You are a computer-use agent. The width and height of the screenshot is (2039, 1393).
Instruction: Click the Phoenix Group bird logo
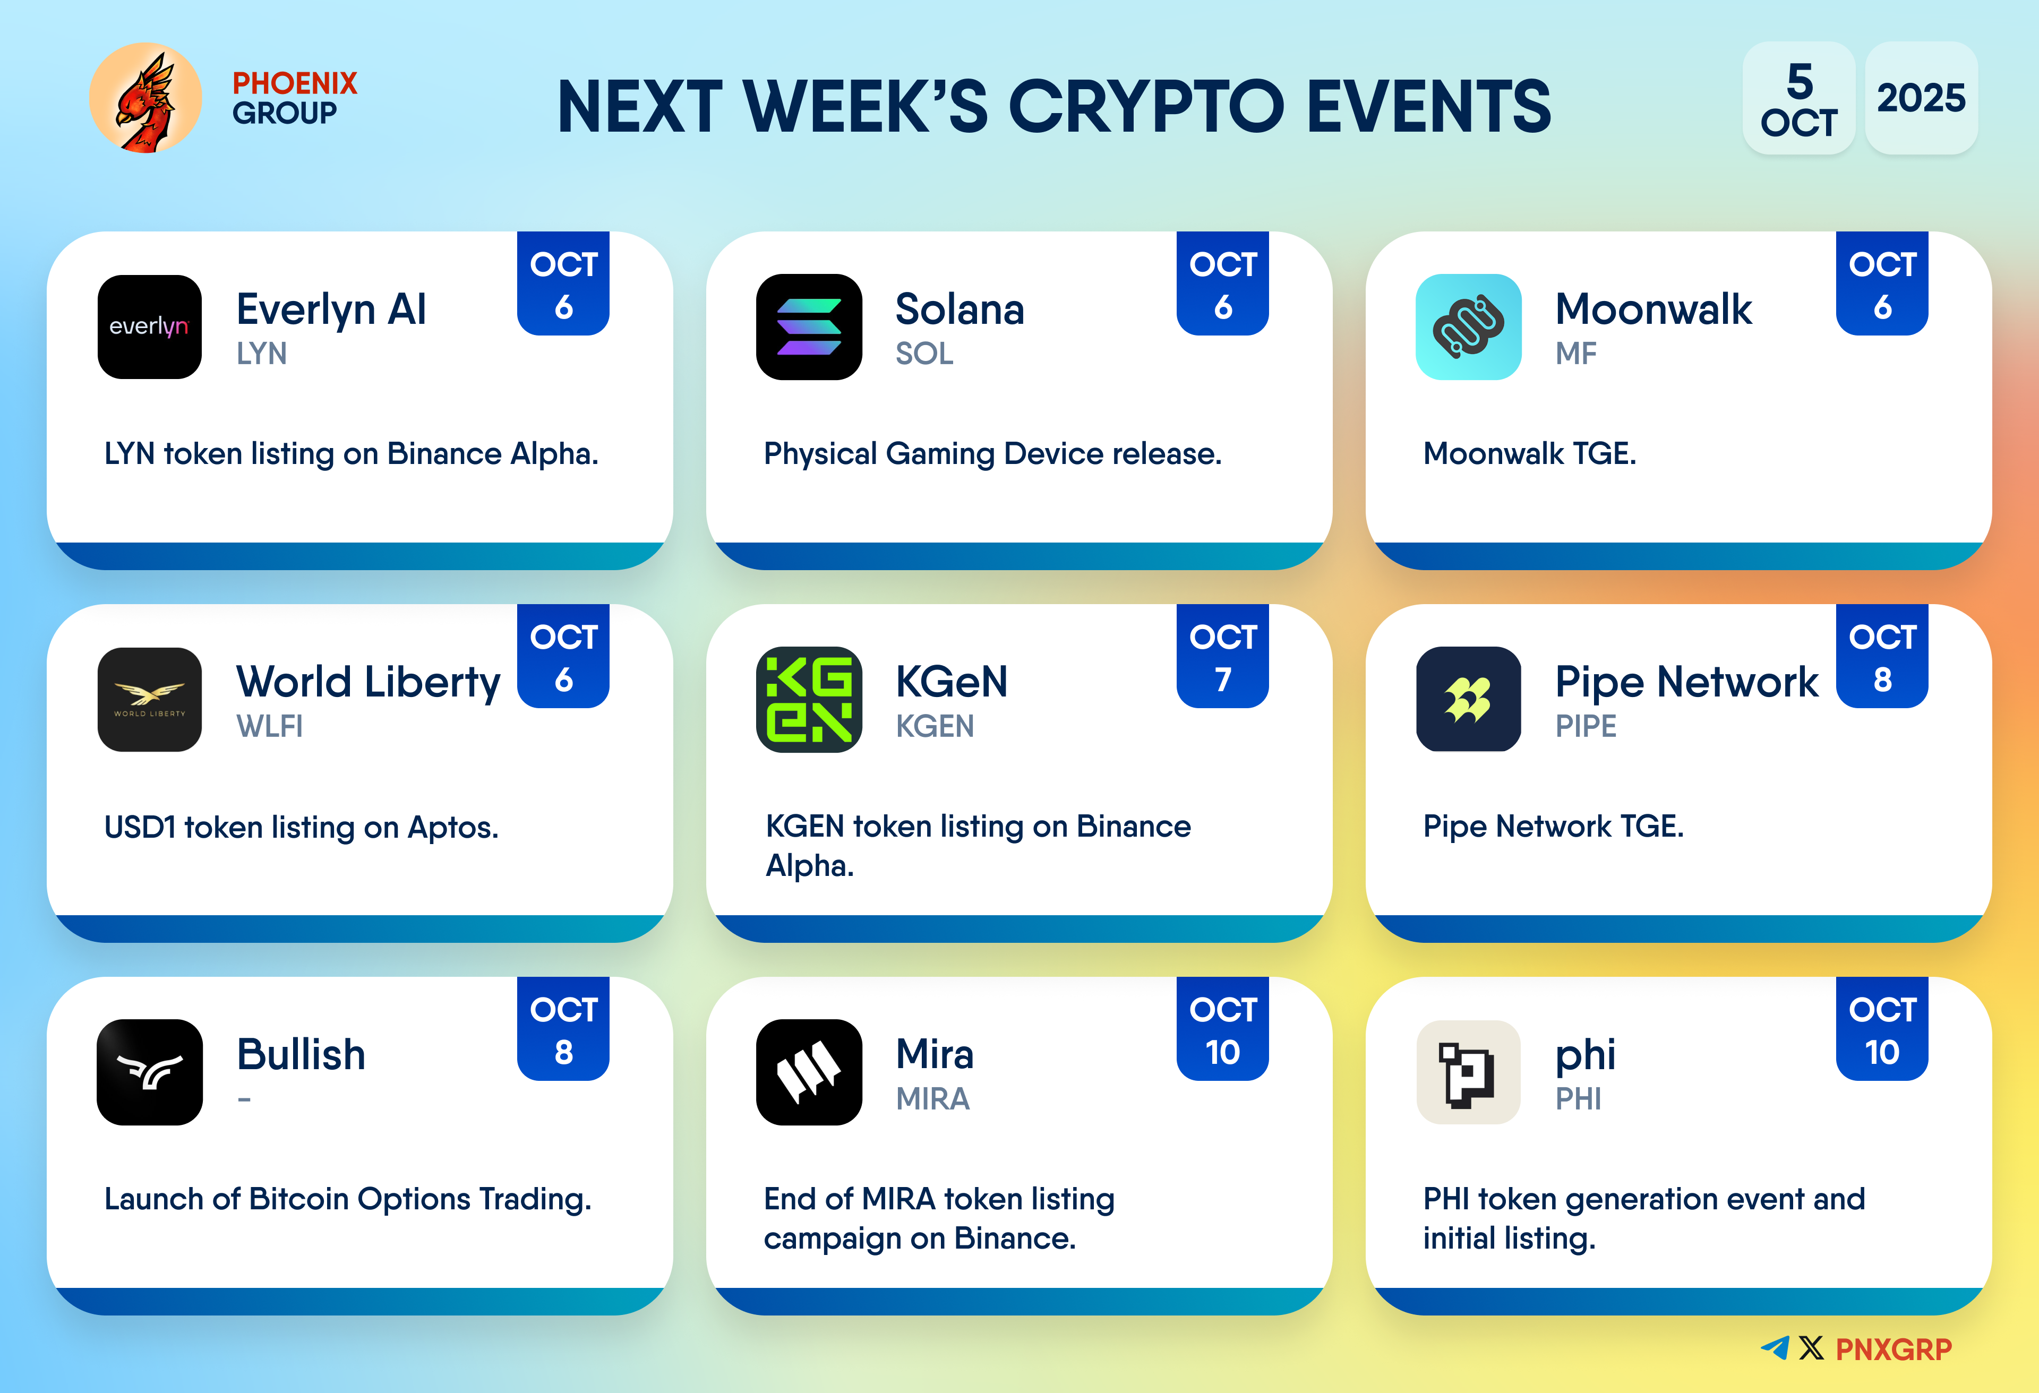click(145, 97)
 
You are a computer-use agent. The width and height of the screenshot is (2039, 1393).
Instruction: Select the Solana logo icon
click(809, 326)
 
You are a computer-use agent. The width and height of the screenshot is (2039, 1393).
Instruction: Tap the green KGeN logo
click(809, 699)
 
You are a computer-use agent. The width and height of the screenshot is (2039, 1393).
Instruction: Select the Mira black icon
click(809, 1072)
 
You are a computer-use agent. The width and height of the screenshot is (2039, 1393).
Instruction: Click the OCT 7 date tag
click(1222, 656)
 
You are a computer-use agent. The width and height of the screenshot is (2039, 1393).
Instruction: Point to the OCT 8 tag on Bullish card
click(563, 1028)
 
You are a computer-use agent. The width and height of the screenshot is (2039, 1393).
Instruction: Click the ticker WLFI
click(269, 726)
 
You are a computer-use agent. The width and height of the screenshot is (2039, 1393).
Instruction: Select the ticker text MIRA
click(932, 1099)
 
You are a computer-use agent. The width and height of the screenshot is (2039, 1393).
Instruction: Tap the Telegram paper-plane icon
click(1775, 1348)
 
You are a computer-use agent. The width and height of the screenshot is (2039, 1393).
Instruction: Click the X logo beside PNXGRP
click(1811, 1348)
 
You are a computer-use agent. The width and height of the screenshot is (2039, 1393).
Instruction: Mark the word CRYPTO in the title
click(1147, 106)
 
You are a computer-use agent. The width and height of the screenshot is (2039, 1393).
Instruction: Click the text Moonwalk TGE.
click(1529, 453)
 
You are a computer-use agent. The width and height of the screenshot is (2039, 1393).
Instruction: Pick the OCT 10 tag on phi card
click(1882, 1028)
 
